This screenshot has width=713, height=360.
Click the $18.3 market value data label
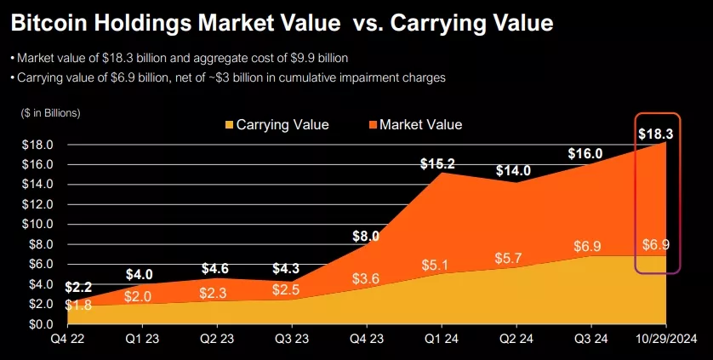(656, 133)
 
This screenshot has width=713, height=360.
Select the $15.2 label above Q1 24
(438, 163)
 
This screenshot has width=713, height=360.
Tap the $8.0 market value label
(365, 237)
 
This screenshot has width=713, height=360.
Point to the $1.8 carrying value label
(78, 306)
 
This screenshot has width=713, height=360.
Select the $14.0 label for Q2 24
(513, 169)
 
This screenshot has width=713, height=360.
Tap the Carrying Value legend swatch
(228, 125)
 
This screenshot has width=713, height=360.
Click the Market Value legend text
(420, 125)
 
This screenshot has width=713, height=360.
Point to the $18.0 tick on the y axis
(37, 145)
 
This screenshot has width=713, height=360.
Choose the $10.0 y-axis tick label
(37, 225)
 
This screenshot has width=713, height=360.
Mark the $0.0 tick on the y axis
(40, 324)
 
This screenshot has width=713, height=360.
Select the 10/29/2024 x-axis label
(666, 340)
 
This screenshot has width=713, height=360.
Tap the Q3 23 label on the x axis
(289, 340)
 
